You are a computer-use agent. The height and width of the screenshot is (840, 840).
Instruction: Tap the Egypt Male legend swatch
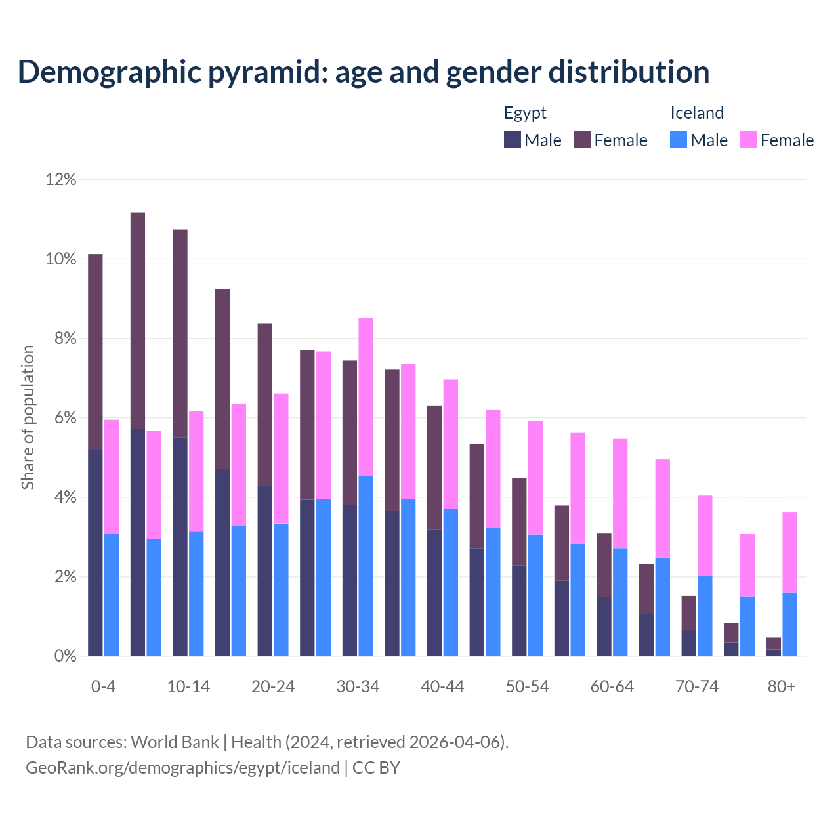[x=513, y=140]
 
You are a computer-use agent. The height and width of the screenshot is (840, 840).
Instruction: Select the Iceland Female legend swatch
[x=748, y=140]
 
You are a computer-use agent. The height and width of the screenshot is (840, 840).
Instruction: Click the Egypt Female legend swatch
[x=582, y=140]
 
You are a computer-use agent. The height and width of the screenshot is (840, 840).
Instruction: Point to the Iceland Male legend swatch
[x=679, y=140]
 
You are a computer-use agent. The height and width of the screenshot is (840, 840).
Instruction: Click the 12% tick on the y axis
[x=61, y=179]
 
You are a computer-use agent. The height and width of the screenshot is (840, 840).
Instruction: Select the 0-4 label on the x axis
[x=103, y=686]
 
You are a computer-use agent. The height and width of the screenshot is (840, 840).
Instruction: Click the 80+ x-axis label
[x=782, y=686]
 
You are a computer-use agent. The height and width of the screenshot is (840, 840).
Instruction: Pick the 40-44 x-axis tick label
[x=442, y=686]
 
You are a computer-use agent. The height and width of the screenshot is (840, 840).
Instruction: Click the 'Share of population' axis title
[x=28, y=417]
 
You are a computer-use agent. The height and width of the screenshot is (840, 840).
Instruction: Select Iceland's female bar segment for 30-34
[x=366, y=396]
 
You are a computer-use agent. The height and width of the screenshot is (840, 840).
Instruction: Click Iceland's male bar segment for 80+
[x=789, y=624]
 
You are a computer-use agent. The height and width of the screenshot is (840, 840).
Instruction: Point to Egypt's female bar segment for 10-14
[x=180, y=333]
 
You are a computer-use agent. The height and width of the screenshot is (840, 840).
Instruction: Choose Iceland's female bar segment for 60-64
[x=620, y=493]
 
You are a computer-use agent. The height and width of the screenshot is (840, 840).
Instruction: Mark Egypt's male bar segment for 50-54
[x=519, y=610]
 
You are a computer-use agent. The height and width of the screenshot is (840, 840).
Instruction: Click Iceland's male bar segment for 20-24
[x=281, y=589]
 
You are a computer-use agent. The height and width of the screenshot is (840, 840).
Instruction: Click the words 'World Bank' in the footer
[x=175, y=742]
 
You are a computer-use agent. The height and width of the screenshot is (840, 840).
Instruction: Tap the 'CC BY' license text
[x=376, y=768]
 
